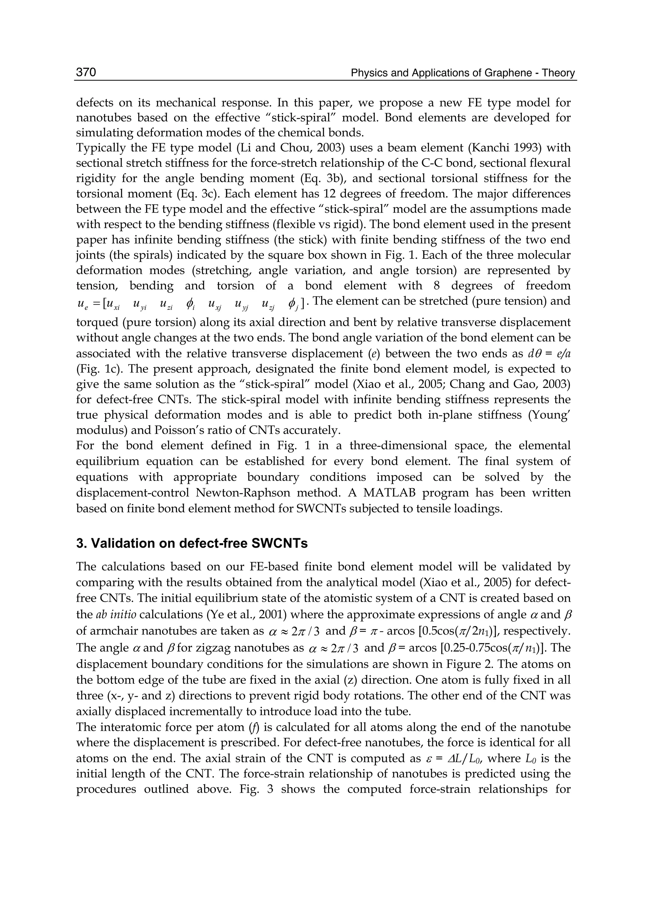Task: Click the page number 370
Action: click(x=86, y=72)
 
